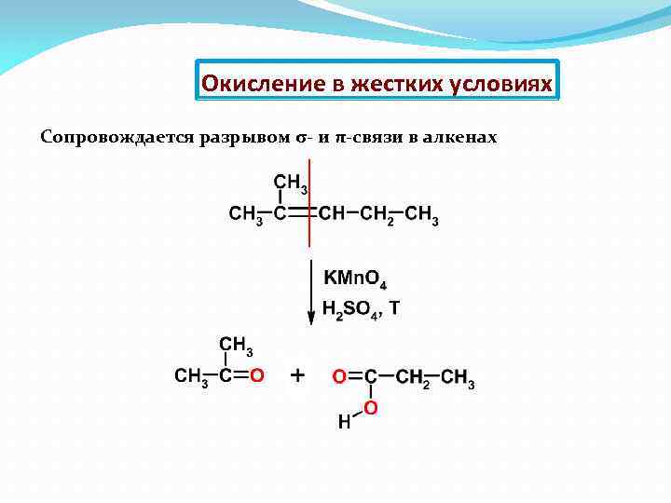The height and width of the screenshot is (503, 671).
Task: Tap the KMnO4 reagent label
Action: [x=354, y=279]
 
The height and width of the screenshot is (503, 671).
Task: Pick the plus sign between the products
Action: [x=298, y=375]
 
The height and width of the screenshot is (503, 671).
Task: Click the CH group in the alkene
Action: [x=331, y=214]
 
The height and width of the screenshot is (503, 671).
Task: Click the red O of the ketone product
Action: [x=258, y=376]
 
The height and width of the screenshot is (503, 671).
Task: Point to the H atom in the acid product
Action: [x=344, y=422]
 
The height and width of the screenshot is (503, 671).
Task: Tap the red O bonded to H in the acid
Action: [x=370, y=408]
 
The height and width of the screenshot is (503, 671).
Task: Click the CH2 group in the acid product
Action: [x=414, y=378]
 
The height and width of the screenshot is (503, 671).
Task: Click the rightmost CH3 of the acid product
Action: [x=458, y=378]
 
